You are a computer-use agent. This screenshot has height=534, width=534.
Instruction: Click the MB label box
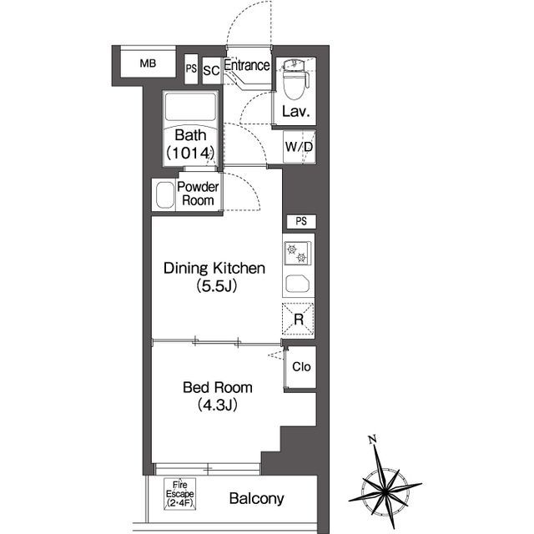[x=149, y=63]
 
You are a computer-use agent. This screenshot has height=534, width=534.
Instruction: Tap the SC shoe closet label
[x=211, y=70]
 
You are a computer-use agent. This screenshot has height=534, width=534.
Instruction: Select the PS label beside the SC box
[x=191, y=68]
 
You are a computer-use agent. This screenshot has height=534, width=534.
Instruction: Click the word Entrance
[x=247, y=65]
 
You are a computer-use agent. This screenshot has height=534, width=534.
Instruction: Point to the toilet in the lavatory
[x=295, y=79]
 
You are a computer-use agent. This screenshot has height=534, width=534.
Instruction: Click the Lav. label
[x=296, y=111]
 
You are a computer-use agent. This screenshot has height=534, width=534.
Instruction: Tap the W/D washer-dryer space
[x=299, y=147]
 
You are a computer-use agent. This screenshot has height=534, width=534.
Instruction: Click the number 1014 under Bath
[x=191, y=153]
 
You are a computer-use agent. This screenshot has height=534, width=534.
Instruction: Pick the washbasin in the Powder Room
[x=165, y=194]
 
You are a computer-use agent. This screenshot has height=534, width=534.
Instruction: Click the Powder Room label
[x=198, y=194]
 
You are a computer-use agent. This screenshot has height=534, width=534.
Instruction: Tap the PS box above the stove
[x=301, y=222]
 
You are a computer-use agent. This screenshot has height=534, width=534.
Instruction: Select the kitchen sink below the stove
[x=297, y=284]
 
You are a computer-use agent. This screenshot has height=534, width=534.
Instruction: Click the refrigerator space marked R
[x=299, y=320]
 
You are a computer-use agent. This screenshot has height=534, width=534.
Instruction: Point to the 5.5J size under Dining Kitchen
[x=217, y=286]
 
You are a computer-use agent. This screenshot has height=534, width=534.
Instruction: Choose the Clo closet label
[x=301, y=367]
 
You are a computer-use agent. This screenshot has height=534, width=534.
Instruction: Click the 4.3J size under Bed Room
[x=217, y=405]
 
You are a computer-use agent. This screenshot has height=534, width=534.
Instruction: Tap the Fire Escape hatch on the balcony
[x=180, y=494]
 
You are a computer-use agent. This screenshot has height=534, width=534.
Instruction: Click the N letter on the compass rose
[x=373, y=440]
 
